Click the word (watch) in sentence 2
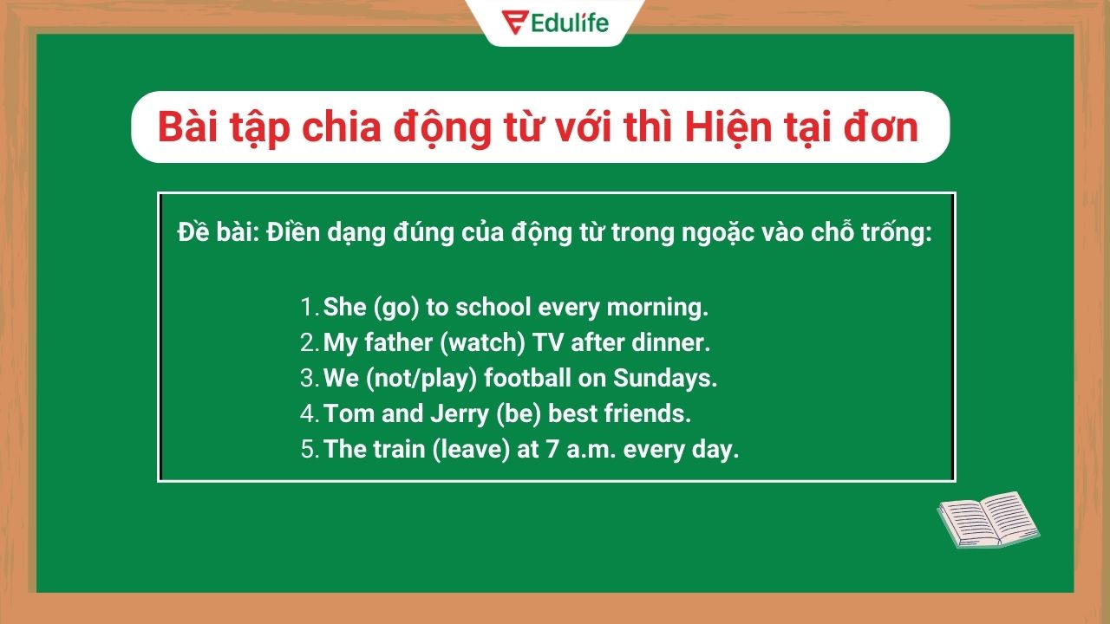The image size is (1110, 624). click(482, 342)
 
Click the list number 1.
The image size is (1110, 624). click(308, 307)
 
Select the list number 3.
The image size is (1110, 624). click(309, 378)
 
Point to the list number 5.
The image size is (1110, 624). click(309, 450)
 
